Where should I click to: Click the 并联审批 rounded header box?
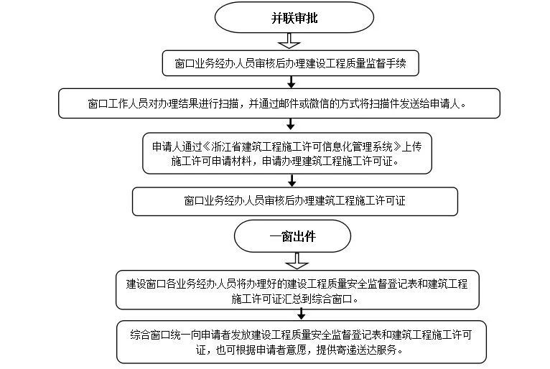pyautogui.click(x=294, y=17)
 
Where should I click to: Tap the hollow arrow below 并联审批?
pyautogui.click(x=289, y=41)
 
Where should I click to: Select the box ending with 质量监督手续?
pyautogui.click(x=290, y=63)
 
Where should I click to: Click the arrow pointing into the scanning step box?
pyautogui.click(x=291, y=82)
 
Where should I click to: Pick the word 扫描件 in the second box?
pyautogui.click(x=384, y=104)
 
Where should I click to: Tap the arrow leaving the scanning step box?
pyautogui.click(x=290, y=124)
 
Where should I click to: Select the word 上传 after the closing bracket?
pyautogui.click(x=411, y=146)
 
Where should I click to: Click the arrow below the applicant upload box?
pyautogui.click(x=292, y=180)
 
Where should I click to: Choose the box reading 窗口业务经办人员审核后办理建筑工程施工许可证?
pyautogui.click(x=295, y=201)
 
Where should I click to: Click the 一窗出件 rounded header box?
pyautogui.click(x=292, y=236)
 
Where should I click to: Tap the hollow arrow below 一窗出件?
pyautogui.click(x=297, y=261)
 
